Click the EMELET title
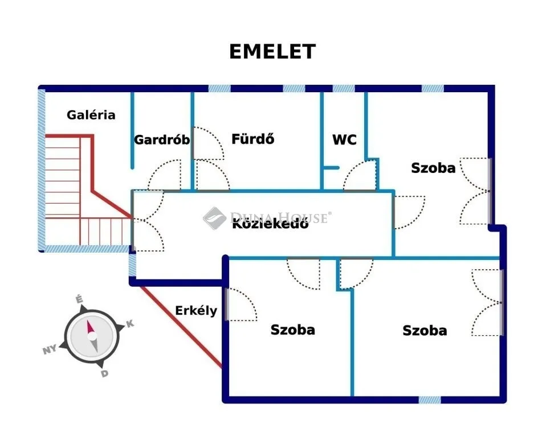[272, 52]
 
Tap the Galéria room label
[91, 115]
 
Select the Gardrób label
[162, 139]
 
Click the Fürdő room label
[253, 138]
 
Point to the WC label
[344, 139]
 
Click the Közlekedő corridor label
[270, 224]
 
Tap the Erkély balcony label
[195, 311]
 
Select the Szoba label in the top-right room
[433, 168]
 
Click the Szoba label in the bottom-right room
[425, 331]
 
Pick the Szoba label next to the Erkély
[292, 330]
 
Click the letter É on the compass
[80, 299]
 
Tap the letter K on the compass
[130, 324]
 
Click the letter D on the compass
[104, 373]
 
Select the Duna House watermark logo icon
[215, 217]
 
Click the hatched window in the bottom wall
[430, 400]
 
